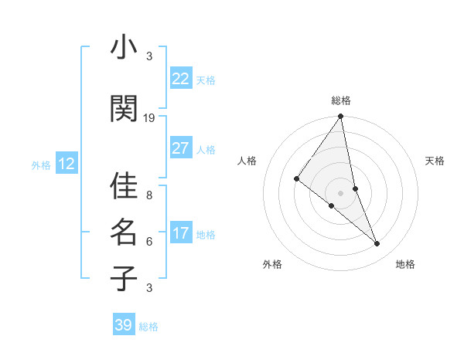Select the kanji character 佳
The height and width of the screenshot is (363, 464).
tap(124, 185)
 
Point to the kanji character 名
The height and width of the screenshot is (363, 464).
tap(124, 232)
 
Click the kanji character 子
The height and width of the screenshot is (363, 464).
tap(124, 278)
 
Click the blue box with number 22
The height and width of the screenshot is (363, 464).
tap(181, 79)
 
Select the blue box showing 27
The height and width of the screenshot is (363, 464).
tap(181, 148)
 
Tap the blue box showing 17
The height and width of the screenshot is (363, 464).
tap(181, 233)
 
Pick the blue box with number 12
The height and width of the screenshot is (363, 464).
tap(67, 164)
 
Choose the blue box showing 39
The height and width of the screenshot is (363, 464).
tap(124, 325)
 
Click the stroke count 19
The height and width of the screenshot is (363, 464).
tap(149, 117)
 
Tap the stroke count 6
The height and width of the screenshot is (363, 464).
tap(149, 241)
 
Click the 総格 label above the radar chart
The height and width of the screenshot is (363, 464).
tap(341, 100)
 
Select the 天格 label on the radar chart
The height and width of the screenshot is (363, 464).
tap(435, 161)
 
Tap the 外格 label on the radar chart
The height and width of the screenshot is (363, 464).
tap(272, 264)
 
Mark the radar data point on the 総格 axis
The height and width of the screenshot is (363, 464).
tap(340, 117)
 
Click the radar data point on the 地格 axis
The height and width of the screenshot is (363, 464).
tap(377, 244)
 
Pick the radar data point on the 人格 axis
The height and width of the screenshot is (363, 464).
tap(296, 178)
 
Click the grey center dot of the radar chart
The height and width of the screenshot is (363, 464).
tap(340, 192)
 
